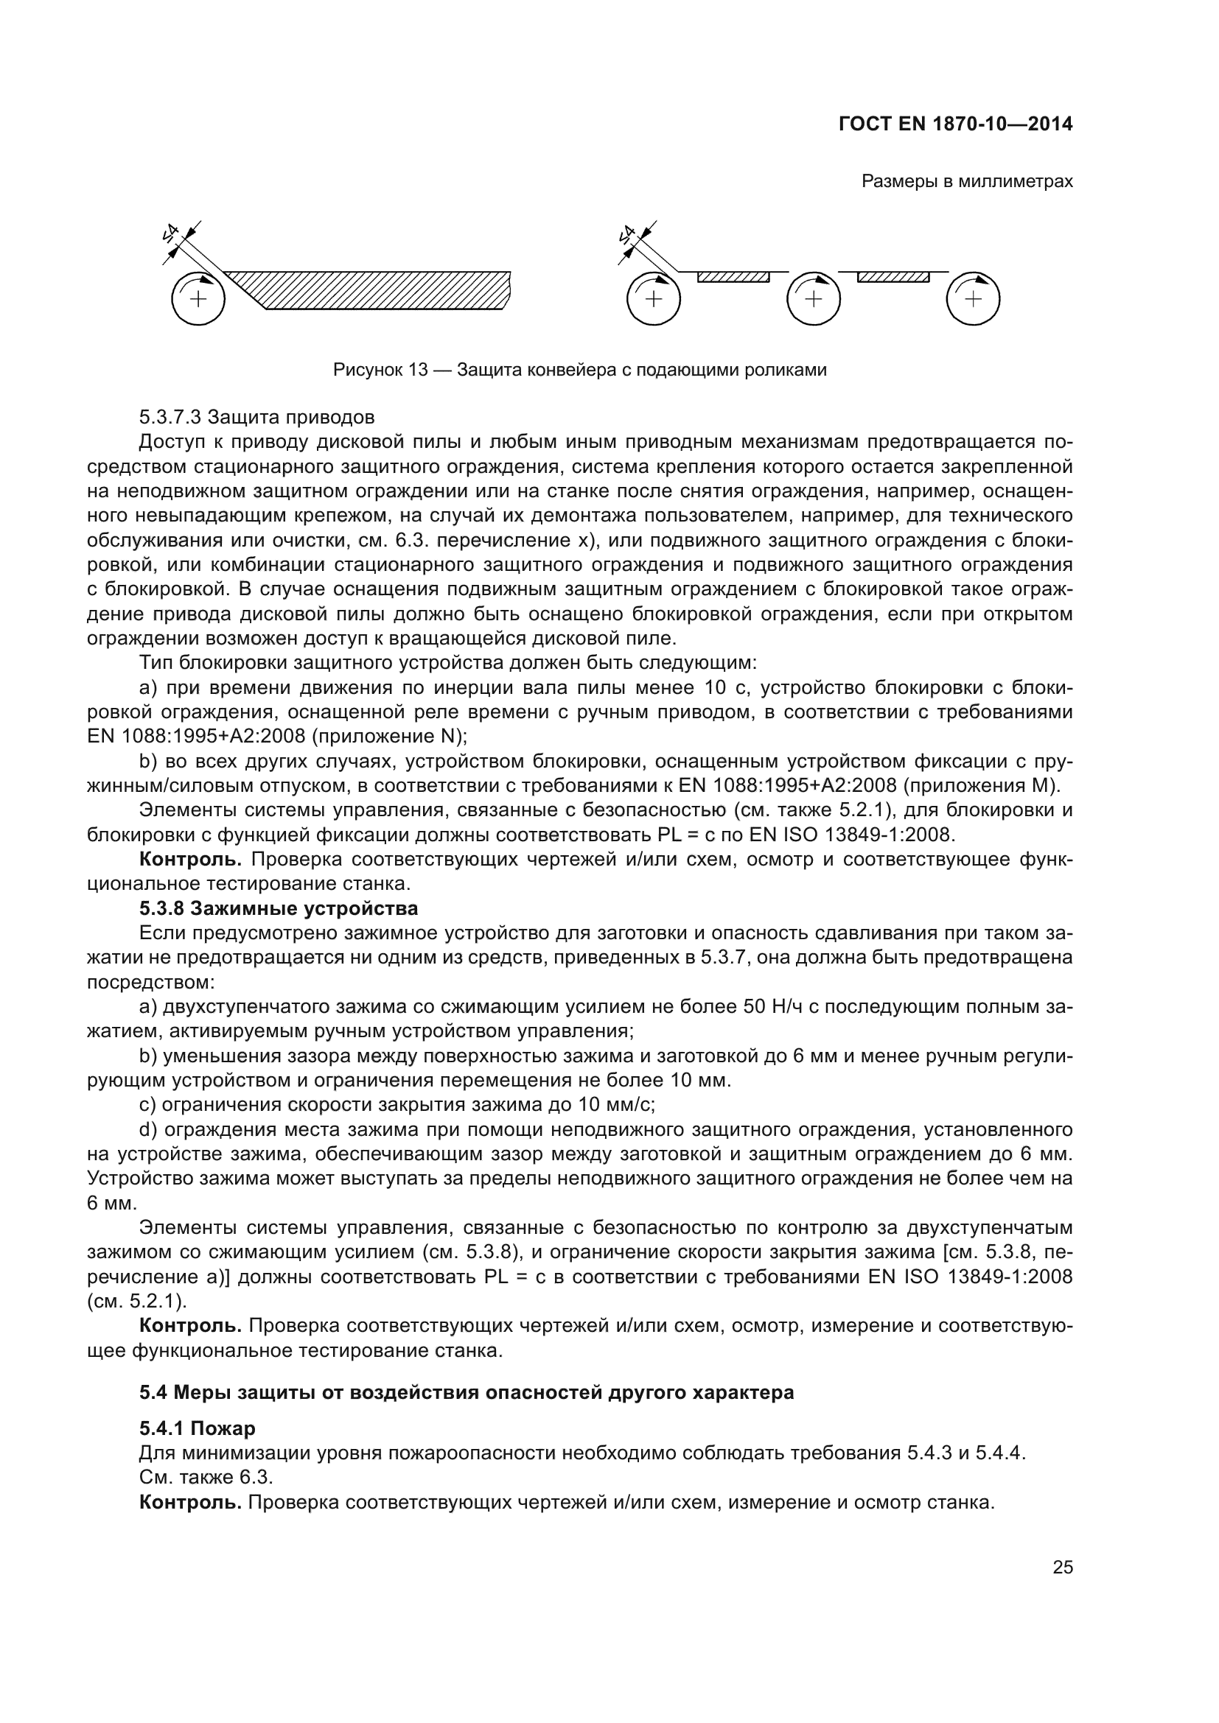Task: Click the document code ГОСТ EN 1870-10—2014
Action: pos(954,124)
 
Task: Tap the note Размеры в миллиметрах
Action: pos(967,182)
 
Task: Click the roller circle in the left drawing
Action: pos(198,298)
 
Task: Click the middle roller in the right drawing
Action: pos(813,298)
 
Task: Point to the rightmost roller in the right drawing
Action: pos(973,298)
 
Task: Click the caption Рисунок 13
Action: pos(579,370)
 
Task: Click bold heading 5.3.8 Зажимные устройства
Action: pos(279,909)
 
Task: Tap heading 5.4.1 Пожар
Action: pos(198,1428)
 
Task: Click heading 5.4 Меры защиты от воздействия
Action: pos(466,1392)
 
